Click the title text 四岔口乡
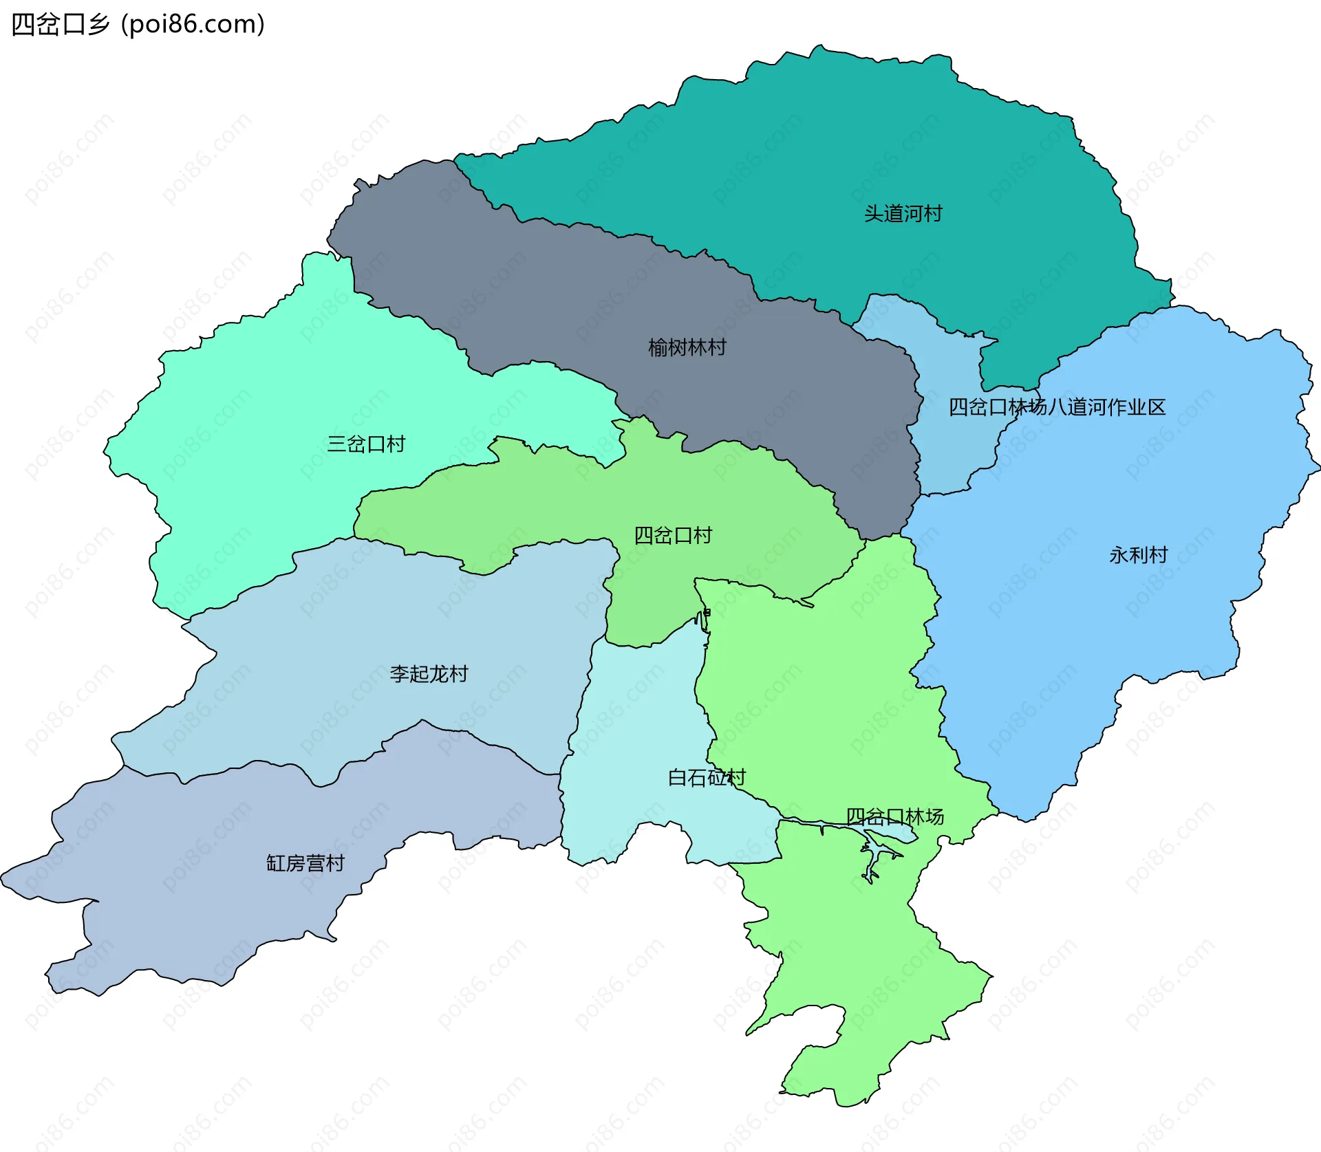click(x=61, y=25)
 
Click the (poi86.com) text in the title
click(x=193, y=25)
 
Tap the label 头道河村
click(x=903, y=213)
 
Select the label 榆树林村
click(x=687, y=347)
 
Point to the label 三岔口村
click(x=366, y=444)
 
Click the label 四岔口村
click(x=673, y=535)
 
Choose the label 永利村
click(x=1138, y=554)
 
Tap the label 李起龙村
click(x=429, y=673)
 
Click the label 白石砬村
click(x=707, y=777)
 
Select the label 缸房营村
click(x=305, y=862)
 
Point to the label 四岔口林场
click(x=894, y=816)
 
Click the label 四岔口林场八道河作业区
click(x=1057, y=407)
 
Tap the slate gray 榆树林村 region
click(x=550, y=289)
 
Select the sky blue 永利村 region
click(x=1101, y=653)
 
